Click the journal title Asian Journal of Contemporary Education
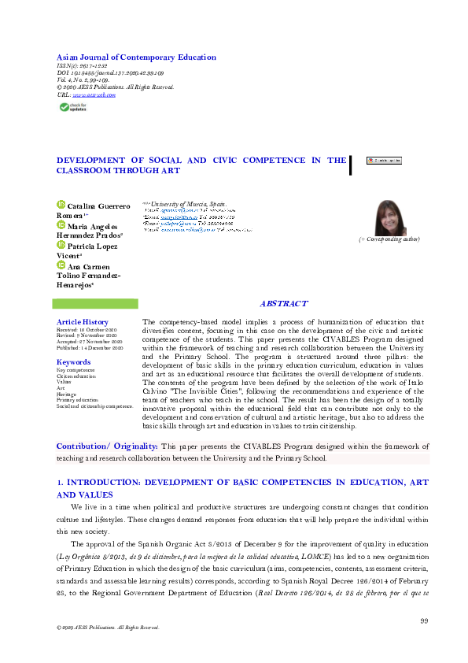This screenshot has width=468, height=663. [137, 57]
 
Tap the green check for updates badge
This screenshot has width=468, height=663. [70, 107]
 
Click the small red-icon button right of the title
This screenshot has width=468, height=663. [384, 160]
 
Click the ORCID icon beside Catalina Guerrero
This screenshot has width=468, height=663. [61, 206]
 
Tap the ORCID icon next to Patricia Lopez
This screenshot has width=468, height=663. [61, 246]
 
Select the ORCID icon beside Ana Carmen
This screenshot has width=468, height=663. [61, 266]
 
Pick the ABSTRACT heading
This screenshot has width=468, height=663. [284, 304]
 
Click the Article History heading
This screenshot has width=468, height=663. [83, 322]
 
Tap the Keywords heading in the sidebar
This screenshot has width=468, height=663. [74, 362]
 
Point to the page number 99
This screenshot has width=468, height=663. [424, 621]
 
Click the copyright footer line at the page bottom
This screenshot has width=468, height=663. [102, 628]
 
